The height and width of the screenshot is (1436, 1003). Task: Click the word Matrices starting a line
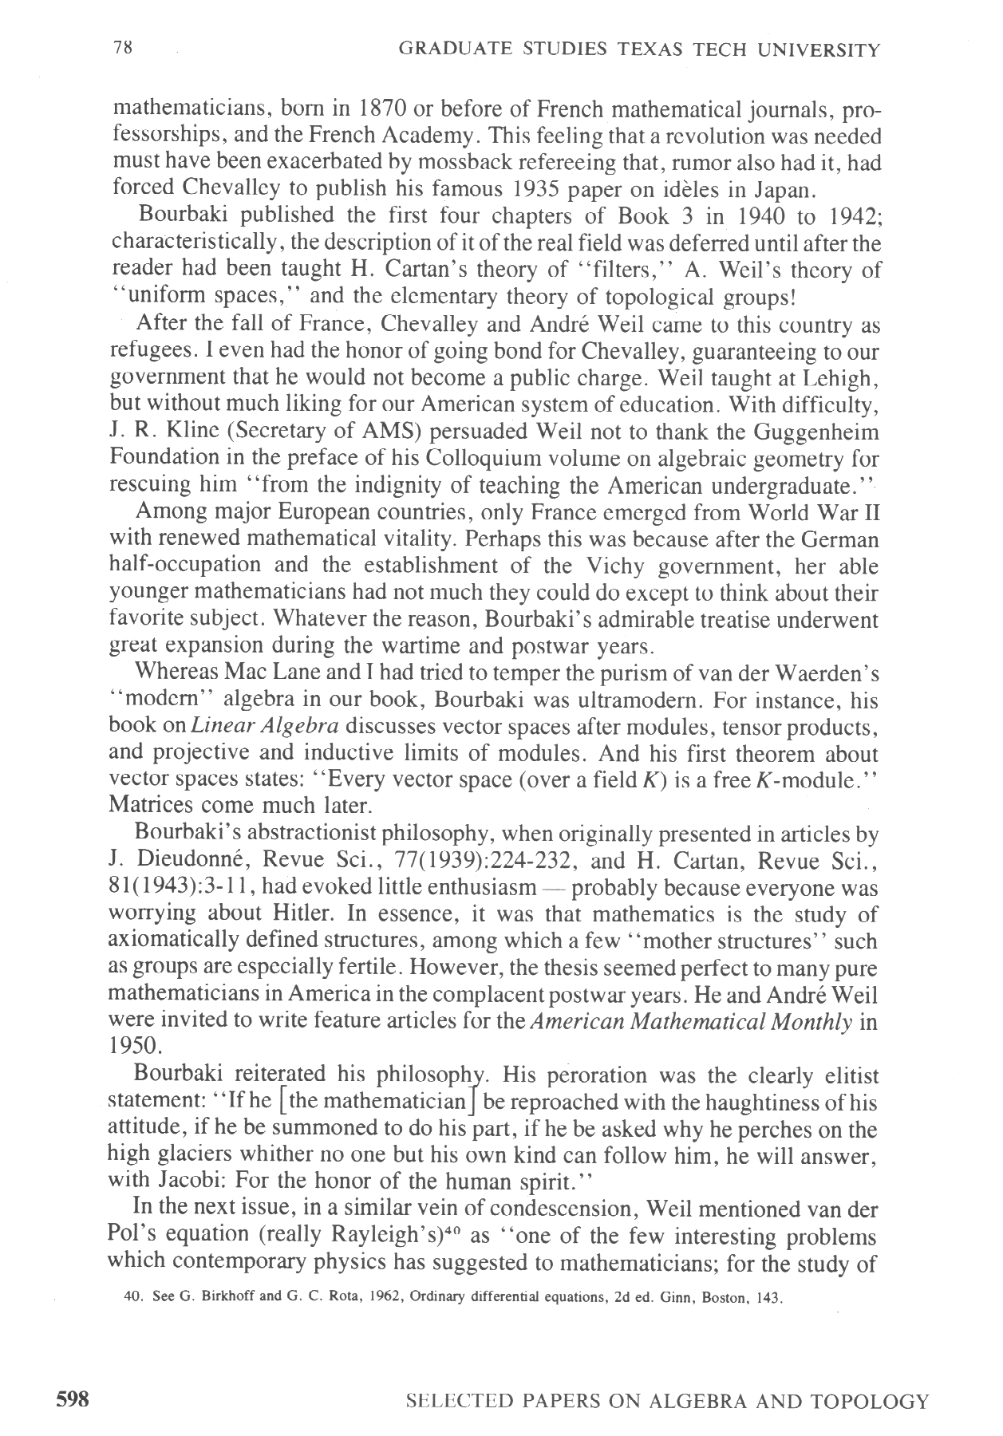click(147, 807)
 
